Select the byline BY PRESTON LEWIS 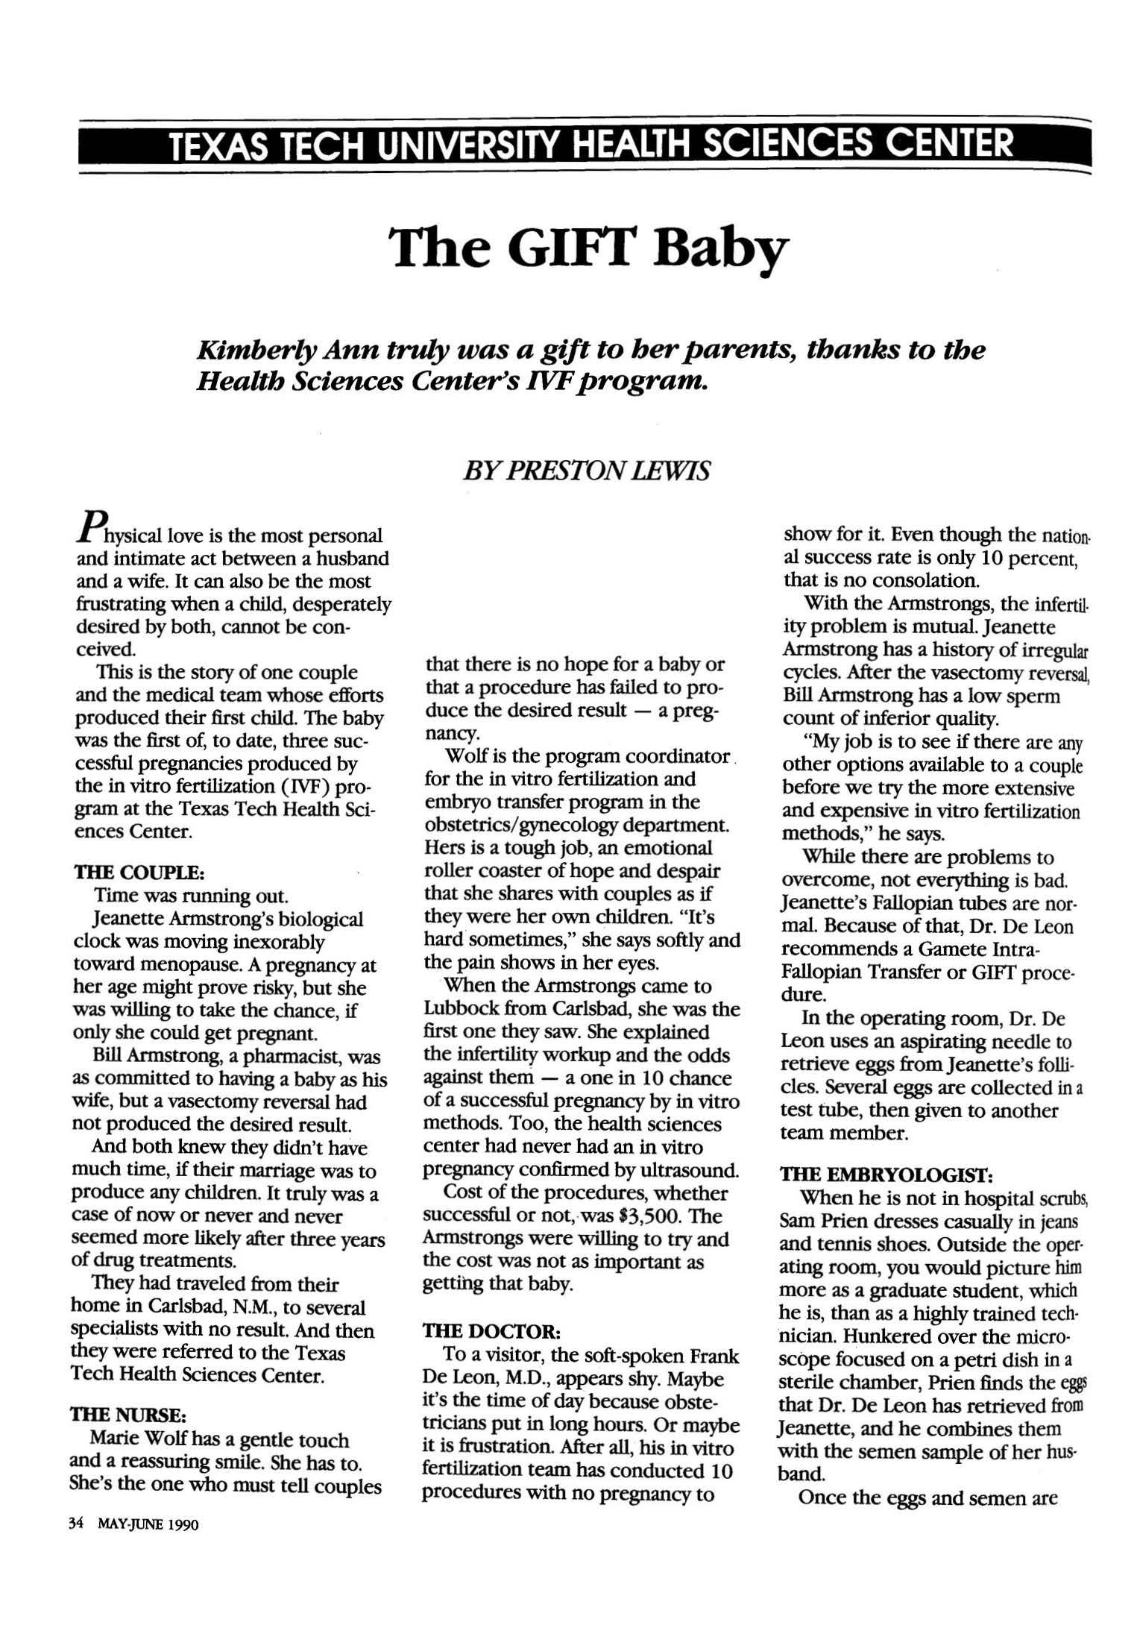(586, 471)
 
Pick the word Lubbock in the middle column (462, 1009)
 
